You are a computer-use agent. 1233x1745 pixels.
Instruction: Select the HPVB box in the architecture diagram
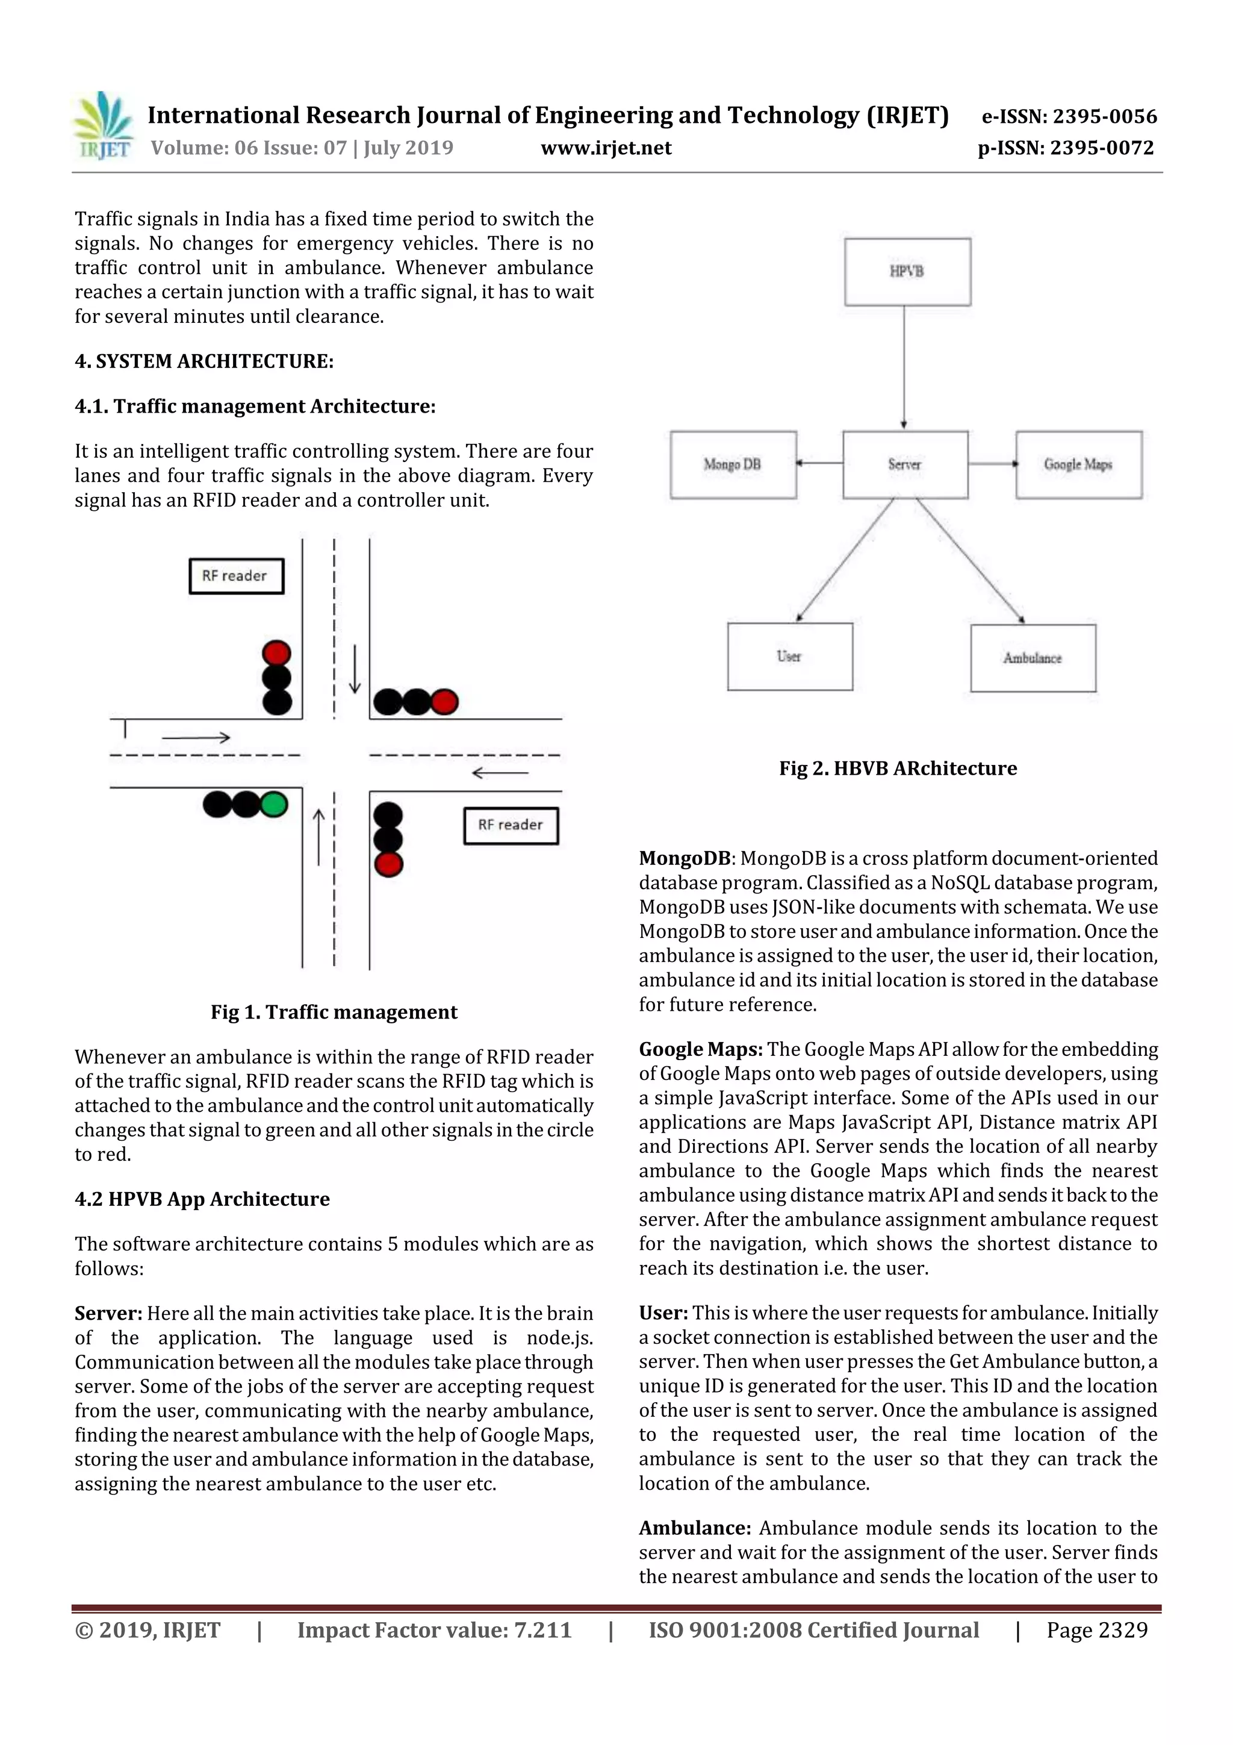point(907,271)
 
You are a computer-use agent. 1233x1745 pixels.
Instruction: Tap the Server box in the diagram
point(905,464)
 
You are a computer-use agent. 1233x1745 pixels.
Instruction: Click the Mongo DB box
point(733,464)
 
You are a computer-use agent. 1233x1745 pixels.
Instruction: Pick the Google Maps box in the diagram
point(1078,464)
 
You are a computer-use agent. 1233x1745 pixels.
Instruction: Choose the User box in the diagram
point(789,657)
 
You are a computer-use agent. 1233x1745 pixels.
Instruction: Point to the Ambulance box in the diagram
point(1033,658)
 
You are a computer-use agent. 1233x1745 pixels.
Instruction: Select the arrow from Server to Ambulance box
point(970,561)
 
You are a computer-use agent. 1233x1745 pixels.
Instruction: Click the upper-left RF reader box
point(235,576)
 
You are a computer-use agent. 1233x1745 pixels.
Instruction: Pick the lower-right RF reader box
point(511,825)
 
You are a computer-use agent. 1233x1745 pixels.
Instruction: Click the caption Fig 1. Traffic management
point(334,1013)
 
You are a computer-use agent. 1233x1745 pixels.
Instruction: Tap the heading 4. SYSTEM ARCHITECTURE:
point(203,361)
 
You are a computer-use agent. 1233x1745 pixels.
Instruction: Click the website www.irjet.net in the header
point(606,148)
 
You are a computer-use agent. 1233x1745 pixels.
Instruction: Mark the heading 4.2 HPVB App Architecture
point(202,1199)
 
